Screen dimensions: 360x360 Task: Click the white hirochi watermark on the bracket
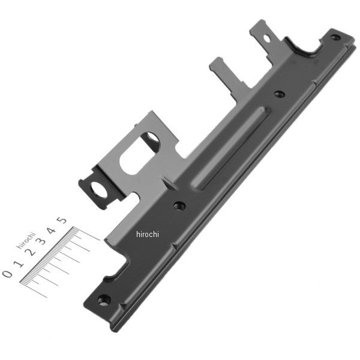pos(148,234)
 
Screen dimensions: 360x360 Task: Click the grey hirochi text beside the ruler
pos(26,240)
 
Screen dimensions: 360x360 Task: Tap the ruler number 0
pos(7,274)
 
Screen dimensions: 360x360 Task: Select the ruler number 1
pos(19,264)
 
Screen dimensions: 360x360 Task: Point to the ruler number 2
pos(31,252)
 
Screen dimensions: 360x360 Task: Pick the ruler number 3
pos(41,241)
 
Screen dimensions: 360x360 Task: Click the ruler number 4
pos(52,230)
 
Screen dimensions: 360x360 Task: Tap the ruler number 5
pos(62,220)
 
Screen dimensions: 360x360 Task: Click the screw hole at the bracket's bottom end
pos(104,300)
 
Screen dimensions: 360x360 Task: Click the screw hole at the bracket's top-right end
pos(335,37)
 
